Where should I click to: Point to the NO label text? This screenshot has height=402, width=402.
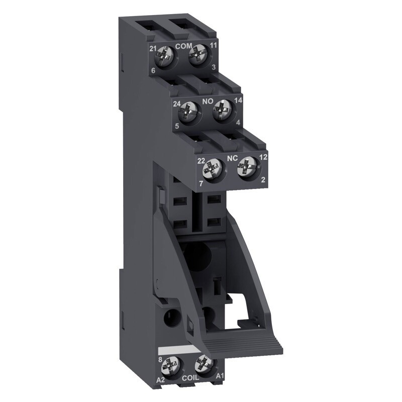[208, 102]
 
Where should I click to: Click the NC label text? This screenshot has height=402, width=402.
[232, 157]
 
